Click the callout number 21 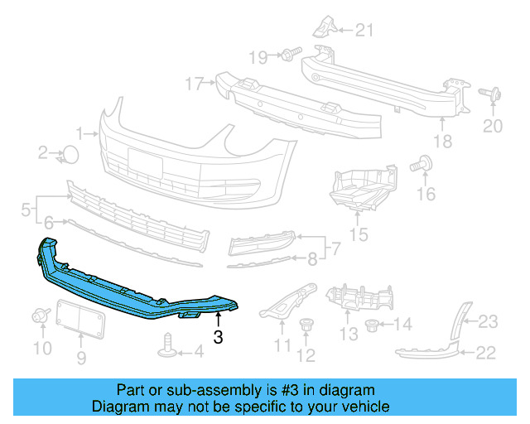point(364,31)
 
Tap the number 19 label point(258,56)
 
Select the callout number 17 point(194,83)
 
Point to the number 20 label point(493,126)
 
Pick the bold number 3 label point(218,337)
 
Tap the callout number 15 point(359,235)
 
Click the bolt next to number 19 point(287,55)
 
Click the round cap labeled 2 point(71,153)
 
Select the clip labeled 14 point(371,321)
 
